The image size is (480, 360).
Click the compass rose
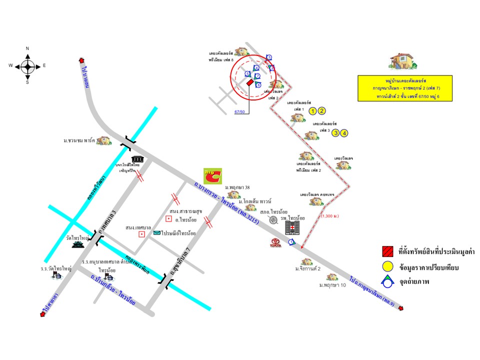[27, 65]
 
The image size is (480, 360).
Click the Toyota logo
[276, 243]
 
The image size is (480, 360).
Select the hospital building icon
[291, 228]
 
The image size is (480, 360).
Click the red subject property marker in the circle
[249, 82]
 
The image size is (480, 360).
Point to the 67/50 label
[239, 111]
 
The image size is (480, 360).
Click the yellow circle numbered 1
[313, 111]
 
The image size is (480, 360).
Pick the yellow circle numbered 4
[344, 133]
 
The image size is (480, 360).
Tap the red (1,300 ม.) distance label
[330, 216]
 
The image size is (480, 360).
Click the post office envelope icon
[157, 233]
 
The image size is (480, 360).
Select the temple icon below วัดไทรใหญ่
[77, 245]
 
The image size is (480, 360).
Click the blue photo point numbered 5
[247, 74]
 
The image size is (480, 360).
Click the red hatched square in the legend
[387, 250]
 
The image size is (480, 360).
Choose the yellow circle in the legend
[387, 267]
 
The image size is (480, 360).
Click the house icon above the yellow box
[403, 61]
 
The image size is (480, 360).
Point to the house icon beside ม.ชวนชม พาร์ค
[104, 141]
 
